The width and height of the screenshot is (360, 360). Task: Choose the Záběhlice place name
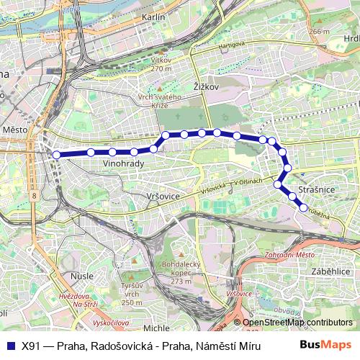330,272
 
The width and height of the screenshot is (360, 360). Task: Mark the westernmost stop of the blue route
57,153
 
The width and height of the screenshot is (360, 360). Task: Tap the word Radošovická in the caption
120,345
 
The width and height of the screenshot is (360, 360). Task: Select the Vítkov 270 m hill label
163,66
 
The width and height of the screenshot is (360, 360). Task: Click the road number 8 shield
35,196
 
